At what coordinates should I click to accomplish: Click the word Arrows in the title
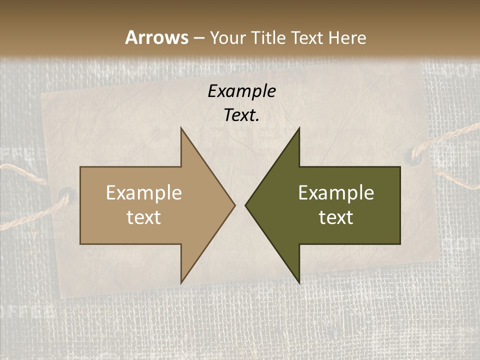[156, 37]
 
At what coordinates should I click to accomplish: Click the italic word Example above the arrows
[241, 91]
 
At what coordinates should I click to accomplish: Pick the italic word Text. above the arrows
[241, 115]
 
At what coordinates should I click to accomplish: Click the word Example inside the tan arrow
[144, 193]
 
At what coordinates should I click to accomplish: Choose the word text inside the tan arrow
[144, 217]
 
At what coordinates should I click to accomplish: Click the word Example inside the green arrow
[336, 193]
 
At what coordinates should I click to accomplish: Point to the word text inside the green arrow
[336, 217]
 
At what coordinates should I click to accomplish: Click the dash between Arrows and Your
[198, 38]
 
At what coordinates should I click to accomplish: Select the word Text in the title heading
[305, 37]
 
